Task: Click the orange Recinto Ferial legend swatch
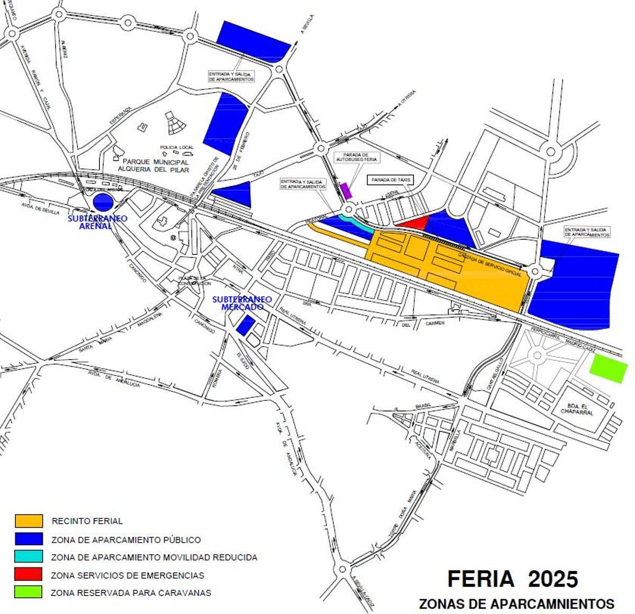click(29, 520)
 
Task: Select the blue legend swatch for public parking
click(29, 539)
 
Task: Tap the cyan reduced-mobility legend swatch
click(29, 556)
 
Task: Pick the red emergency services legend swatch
click(29, 574)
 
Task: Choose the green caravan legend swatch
click(29, 591)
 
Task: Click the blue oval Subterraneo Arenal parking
click(103, 201)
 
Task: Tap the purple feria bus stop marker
click(347, 190)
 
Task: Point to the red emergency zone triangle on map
click(415, 223)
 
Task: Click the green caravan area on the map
click(609, 368)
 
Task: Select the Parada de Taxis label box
click(391, 180)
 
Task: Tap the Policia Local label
click(176, 148)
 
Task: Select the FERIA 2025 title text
click(512, 579)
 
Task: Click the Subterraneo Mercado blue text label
click(242, 303)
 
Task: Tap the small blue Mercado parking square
click(244, 324)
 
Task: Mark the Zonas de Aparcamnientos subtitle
click(516, 603)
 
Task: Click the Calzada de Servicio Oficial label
click(490, 264)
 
